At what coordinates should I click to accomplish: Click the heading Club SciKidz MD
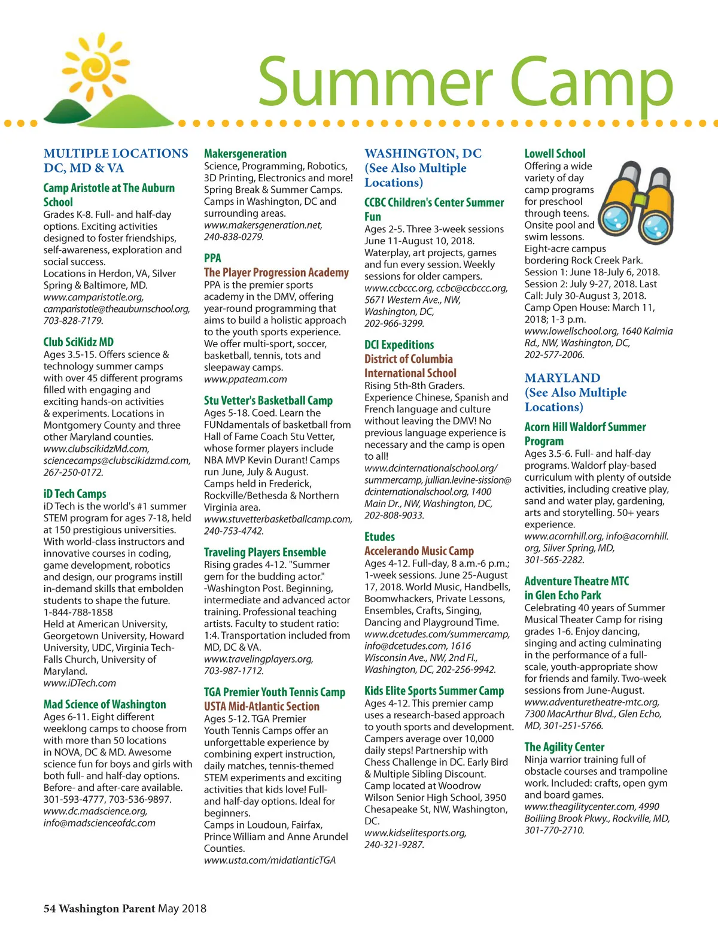tap(78, 342)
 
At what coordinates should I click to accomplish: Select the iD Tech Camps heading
tap(75, 494)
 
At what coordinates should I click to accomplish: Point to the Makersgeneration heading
tap(245, 154)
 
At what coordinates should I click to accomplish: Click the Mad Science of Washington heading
tap(105, 705)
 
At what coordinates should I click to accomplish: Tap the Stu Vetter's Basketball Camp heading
tap(268, 400)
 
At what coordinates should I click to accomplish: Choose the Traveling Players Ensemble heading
tap(265, 552)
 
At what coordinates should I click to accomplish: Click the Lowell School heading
tap(555, 154)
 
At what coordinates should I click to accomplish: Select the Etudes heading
tap(379, 536)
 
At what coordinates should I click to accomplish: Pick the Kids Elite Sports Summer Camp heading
tap(434, 691)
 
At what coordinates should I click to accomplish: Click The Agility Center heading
tap(564, 747)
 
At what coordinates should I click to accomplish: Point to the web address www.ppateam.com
tap(245, 380)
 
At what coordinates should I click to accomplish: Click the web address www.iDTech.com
tap(80, 683)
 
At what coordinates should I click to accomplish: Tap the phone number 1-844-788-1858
tap(78, 612)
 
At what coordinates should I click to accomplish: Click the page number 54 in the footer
tap(49, 909)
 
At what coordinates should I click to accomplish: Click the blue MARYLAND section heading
tap(562, 378)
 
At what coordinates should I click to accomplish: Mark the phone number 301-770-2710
tap(554, 830)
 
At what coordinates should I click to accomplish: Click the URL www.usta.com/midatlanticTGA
tap(270, 860)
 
